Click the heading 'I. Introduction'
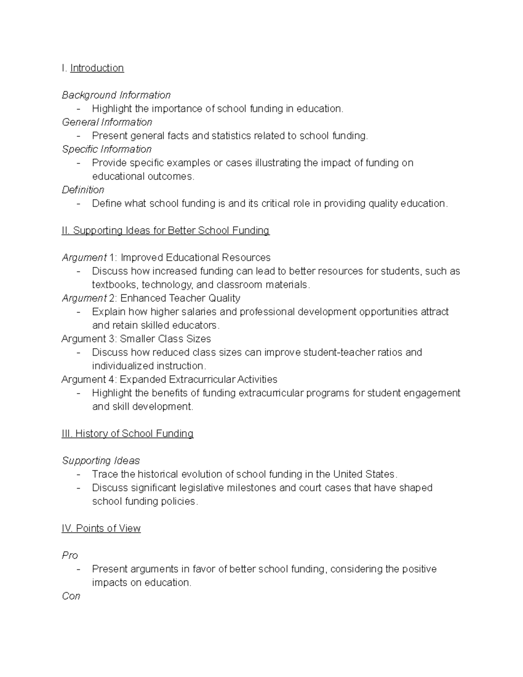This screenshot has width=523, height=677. point(93,68)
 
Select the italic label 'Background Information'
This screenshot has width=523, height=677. point(116,95)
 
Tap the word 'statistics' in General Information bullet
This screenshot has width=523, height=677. point(232,136)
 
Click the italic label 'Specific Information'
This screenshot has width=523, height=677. point(107,149)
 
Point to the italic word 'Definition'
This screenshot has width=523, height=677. point(83,190)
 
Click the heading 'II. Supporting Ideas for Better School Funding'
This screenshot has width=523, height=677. point(166,231)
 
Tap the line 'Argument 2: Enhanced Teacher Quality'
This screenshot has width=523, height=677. point(151,298)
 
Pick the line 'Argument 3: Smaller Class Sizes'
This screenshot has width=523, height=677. point(136,339)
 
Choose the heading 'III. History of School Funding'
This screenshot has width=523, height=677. point(127,434)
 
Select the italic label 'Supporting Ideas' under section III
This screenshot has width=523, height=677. point(101,461)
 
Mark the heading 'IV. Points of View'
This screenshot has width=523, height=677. point(101,528)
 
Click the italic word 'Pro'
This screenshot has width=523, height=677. point(70,555)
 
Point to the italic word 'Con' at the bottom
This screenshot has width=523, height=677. point(71,596)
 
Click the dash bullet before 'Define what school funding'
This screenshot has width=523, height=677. point(78,204)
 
